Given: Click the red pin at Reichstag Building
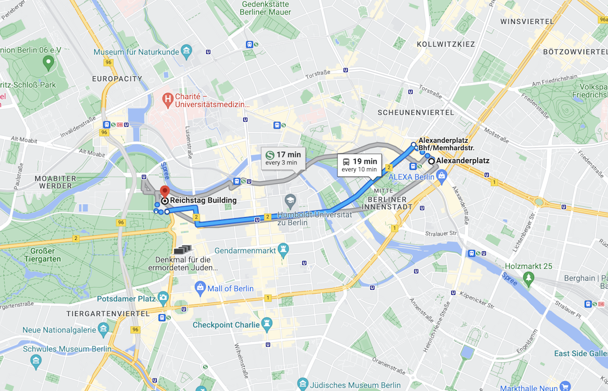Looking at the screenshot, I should pyautogui.click(x=164, y=192).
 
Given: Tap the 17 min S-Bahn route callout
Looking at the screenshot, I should pyautogui.click(x=283, y=157).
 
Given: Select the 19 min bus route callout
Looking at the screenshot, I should pyautogui.click(x=359, y=165).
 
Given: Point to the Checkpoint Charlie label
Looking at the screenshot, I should pyautogui.click(x=225, y=325).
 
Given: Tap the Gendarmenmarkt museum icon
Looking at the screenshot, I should pyautogui.click(x=282, y=250).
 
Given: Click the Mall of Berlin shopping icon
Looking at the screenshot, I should pyautogui.click(x=200, y=288).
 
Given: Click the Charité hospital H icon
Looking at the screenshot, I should pyautogui.click(x=168, y=100).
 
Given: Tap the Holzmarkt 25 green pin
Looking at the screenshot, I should pyautogui.click(x=529, y=277).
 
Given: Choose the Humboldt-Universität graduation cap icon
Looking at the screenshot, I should pyautogui.click(x=290, y=201).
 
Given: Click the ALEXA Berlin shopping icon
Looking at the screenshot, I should pyautogui.click(x=442, y=177).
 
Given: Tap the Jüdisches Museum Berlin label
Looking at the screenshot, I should pyautogui.click(x=358, y=385).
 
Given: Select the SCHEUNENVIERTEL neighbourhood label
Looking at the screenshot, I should pyautogui.click(x=416, y=113).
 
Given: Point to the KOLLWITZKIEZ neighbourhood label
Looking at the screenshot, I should pyautogui.click(x=445, y=44).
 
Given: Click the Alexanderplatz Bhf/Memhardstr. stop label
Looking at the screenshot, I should pyautogui.click(x=446, y=144).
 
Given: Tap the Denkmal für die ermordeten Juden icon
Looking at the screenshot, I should pyautogui.click(x=183, y=249).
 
